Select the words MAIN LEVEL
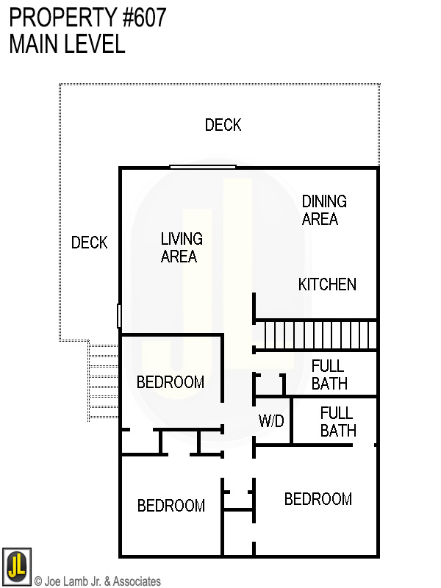point(67,44)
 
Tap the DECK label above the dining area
point(223,125)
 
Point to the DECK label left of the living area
point(89,243)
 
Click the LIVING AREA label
point(181,248)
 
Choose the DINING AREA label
point(323,209)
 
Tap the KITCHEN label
point(327,284)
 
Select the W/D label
point(271,422)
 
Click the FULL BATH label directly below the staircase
point(329,375)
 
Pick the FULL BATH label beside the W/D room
point(337,422)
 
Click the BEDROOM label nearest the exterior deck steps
point(171,382)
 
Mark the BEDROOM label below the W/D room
point(318,500)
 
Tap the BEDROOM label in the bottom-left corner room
point(171,506)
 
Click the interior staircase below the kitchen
point(316,334)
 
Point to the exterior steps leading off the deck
point(102,382)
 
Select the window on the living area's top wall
point(202,167)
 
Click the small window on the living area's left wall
point(118,316)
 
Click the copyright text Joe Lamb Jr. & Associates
point(102,581)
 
